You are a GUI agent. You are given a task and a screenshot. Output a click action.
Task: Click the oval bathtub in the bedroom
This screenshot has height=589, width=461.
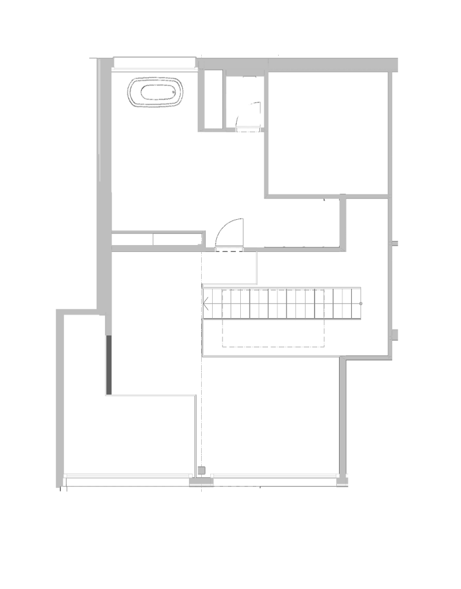156,93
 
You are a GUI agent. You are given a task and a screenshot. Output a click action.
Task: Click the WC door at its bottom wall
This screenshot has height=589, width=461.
248,128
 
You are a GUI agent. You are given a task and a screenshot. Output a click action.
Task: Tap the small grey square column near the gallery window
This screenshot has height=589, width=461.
201,471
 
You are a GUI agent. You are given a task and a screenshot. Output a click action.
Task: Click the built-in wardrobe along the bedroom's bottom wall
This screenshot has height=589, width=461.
157,238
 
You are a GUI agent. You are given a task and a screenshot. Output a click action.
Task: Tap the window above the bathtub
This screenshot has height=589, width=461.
154,70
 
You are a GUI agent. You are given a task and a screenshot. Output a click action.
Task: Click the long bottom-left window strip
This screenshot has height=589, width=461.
126,476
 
